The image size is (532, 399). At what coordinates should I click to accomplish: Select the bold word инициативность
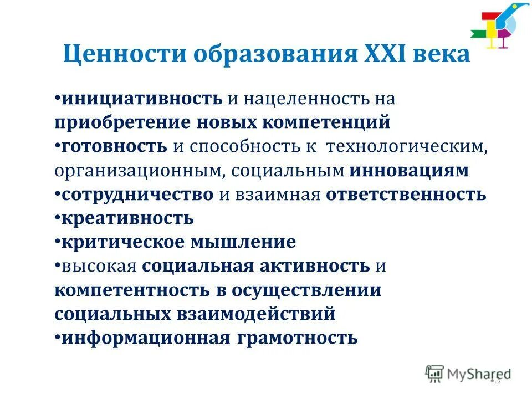142,99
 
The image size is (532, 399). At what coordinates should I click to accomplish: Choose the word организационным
139,170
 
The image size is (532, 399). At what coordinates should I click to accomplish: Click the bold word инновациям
409,170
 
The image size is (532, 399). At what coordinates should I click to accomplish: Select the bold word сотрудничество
137,194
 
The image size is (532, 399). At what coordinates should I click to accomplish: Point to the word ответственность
406,194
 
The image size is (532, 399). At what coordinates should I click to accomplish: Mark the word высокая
99,266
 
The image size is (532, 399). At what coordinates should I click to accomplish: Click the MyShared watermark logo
468,374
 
